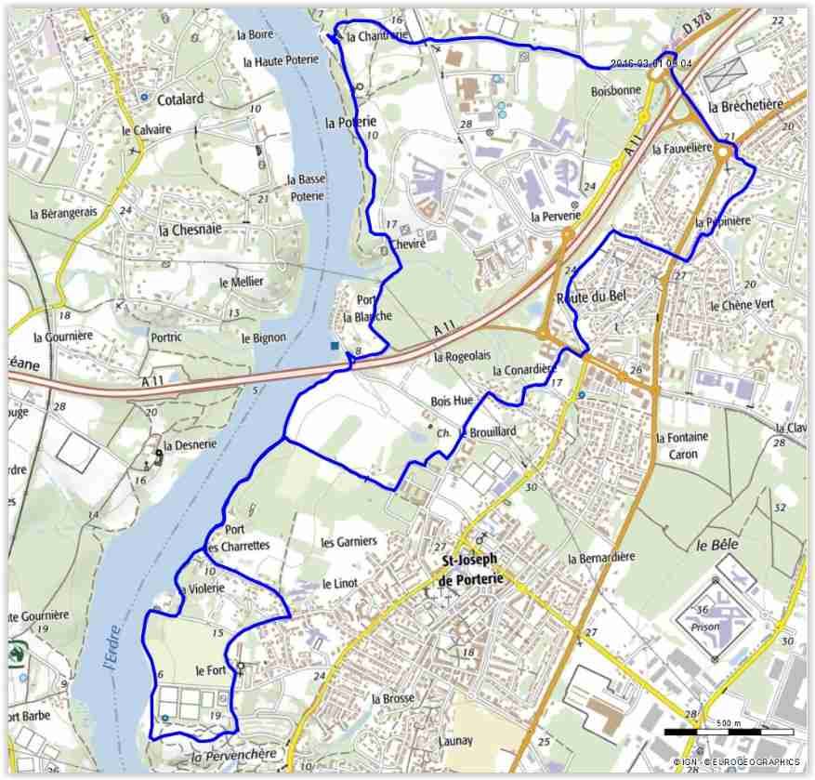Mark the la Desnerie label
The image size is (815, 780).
(x=190, y=444)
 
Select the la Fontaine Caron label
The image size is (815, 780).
(x=682, y=445)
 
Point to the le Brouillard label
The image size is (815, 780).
(x=487, y=431)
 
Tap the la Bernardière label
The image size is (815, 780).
(x=600, y=557)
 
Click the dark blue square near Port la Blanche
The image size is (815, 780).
(x=335, y=347)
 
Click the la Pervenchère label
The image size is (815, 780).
(x=234, y=758)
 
